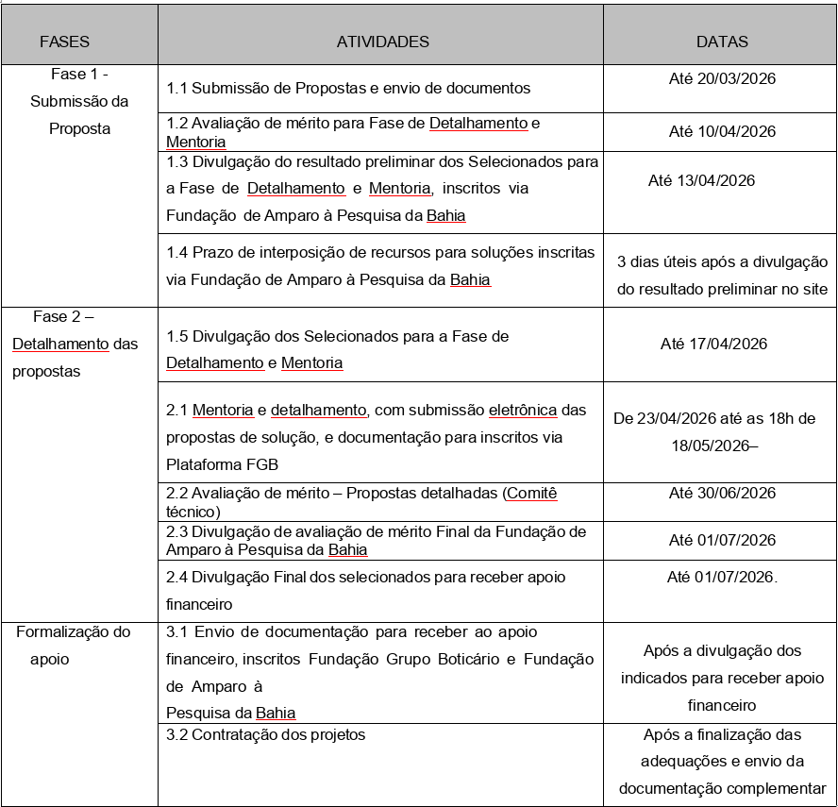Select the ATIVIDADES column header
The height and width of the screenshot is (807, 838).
[382, 42]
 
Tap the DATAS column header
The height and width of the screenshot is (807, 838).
[722, 42]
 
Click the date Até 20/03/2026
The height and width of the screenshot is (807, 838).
[722, 79]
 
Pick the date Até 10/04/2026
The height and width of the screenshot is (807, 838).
[722, 132]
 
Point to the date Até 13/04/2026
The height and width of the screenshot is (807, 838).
[701, 181]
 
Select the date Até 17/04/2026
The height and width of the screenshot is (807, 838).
[713, 344]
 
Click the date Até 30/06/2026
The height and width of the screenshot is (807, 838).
[722, 494]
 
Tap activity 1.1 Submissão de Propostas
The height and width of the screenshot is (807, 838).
[348, 89]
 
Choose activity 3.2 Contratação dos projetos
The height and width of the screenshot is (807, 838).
[265, 734]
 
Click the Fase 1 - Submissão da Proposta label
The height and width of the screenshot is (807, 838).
[79, 101]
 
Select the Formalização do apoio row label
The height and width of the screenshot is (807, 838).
[73, 646]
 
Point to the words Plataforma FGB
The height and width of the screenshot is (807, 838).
[222, 464]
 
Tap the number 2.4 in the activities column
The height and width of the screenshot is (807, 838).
[177, 577]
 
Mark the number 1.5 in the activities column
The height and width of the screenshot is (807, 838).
[177, 336]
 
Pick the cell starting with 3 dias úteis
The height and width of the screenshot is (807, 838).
[722, 276]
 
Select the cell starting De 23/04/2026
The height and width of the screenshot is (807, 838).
[714, 431]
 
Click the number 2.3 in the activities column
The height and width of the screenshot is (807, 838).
[177, 532]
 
